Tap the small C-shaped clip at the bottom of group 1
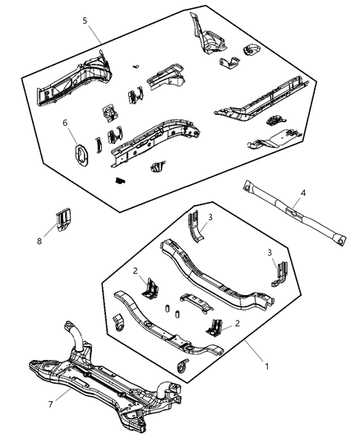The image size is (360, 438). (x=182, y=362)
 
